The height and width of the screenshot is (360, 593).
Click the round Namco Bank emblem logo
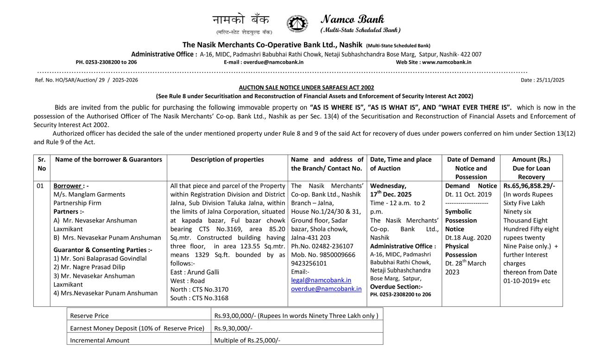coord(297,24)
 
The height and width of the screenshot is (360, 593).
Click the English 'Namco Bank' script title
coord(352,19)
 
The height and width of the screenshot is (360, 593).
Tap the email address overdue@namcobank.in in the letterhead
coord(273,62)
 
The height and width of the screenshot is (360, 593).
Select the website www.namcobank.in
coord(447,62)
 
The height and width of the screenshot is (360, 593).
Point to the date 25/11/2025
coord(549,80)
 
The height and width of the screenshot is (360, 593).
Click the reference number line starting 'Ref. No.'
coord(86,80)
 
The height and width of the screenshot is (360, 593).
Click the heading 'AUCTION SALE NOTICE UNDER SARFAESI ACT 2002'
coord(306,88)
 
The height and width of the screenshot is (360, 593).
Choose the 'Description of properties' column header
coord(227,159)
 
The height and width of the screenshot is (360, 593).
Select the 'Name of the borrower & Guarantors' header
coord(108,159)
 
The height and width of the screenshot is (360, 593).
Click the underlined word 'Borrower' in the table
coord(68,186)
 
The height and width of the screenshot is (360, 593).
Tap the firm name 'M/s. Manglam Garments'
coord(89,194)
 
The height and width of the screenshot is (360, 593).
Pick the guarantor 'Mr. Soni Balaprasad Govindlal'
coord(103,259)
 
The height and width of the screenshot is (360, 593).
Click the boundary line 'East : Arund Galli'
coord(195,272)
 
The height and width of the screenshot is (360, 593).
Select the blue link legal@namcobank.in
coord(321,280)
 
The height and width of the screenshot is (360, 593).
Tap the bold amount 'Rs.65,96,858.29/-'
coord(529,186)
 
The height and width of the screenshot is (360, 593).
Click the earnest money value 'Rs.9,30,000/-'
coord(233,328)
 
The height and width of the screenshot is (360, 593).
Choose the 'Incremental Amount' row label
coord(100,340)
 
